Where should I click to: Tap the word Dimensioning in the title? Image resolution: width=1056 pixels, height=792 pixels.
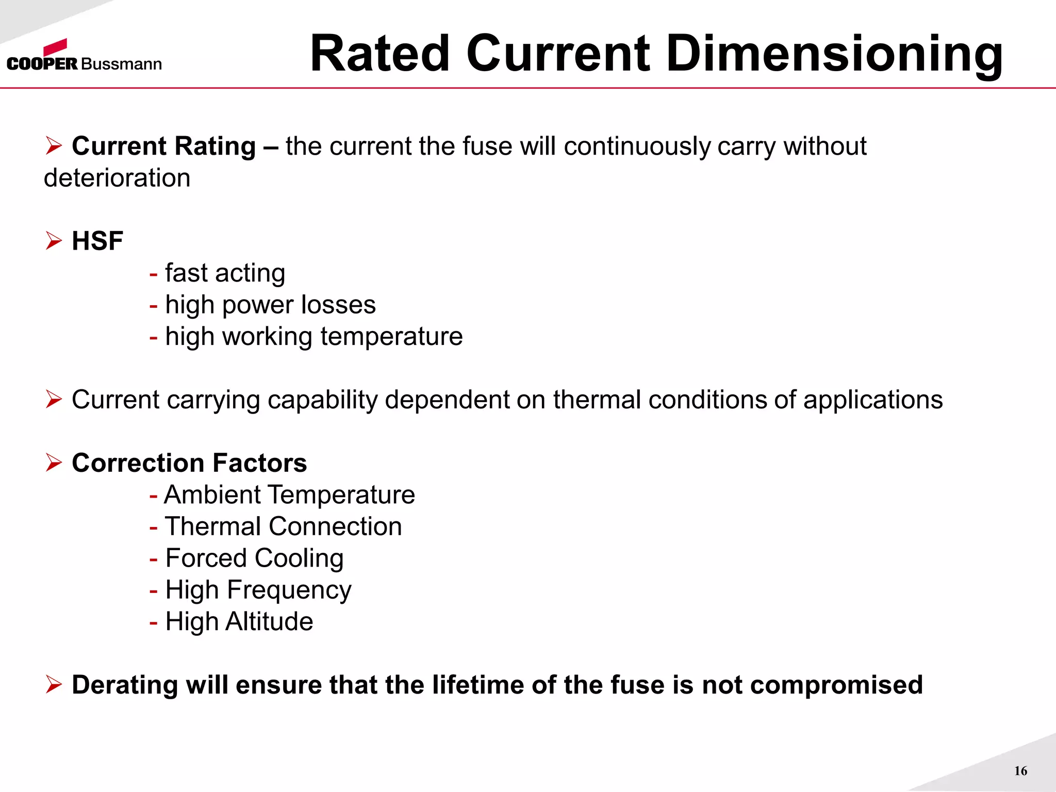pos(834,54)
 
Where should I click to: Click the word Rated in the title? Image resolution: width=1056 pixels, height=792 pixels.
pos(381,54)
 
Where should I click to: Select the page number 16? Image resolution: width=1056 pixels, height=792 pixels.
pos(1020,771)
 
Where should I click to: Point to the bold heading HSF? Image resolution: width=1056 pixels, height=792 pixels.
pos(97,241)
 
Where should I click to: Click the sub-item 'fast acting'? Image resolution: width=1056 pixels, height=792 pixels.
pos(225,273)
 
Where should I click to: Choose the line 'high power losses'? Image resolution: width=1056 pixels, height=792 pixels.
pos(270,305)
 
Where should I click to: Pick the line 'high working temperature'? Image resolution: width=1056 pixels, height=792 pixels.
pos(313,337)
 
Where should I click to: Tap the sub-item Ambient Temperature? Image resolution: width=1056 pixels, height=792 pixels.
pos(289,495)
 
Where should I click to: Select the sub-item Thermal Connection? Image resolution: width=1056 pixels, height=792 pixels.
pos(283,526)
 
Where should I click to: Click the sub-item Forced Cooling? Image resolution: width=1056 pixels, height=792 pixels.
pos(254,558)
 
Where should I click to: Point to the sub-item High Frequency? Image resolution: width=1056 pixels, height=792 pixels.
pos(258,590)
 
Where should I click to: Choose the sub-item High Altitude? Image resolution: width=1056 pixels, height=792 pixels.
pos(239,622)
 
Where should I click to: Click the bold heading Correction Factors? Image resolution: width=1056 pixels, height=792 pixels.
pos(189,463)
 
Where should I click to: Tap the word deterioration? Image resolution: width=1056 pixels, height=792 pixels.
pos(117,178)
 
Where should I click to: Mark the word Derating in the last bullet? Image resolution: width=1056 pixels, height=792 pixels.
pos(125,685)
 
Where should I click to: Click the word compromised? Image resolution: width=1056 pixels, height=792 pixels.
pos(836,685)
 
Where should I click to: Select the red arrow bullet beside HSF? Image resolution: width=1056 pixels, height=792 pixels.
pos(54,241)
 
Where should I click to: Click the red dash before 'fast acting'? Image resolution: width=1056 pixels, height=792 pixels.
pos(153,274)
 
